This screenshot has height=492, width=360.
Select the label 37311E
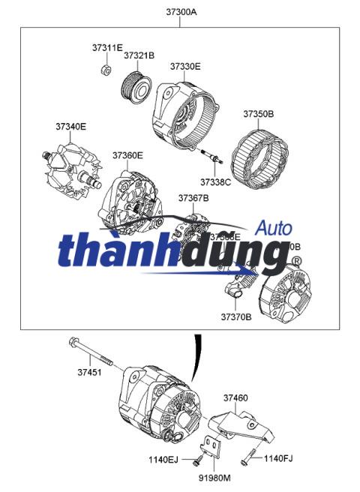107,47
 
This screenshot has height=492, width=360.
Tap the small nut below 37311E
106,70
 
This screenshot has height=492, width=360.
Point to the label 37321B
139,55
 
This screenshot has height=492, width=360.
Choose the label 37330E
185,67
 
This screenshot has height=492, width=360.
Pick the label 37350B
258,114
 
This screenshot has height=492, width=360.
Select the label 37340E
70,127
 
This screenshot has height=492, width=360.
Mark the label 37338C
215,181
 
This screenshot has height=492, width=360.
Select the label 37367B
193,198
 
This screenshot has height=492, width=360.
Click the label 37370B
235,317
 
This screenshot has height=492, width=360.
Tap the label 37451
89,371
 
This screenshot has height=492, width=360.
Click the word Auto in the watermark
274,227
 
